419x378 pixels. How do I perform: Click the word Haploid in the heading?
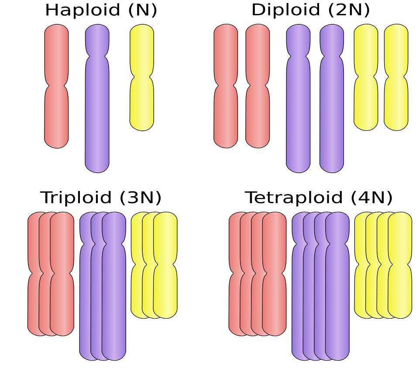83,10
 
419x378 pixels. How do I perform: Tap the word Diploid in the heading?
285,10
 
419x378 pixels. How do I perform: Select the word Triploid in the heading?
76,198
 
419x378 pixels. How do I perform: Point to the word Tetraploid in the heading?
293,198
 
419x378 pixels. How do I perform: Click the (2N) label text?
349,10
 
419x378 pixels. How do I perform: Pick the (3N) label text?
141,198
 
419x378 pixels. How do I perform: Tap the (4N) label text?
371,198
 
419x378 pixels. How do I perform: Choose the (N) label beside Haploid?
143,10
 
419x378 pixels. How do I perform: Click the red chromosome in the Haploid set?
56,86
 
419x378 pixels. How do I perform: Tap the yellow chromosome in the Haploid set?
141,78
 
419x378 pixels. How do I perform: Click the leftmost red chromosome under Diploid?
226,86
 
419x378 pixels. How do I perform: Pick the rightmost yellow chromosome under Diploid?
396,78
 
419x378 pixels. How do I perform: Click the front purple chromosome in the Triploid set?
114,286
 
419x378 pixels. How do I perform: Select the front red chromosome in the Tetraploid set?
274,274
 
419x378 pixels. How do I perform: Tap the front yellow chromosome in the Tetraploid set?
400,265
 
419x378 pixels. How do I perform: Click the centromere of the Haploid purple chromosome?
97,53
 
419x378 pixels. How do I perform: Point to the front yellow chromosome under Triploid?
165,265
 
